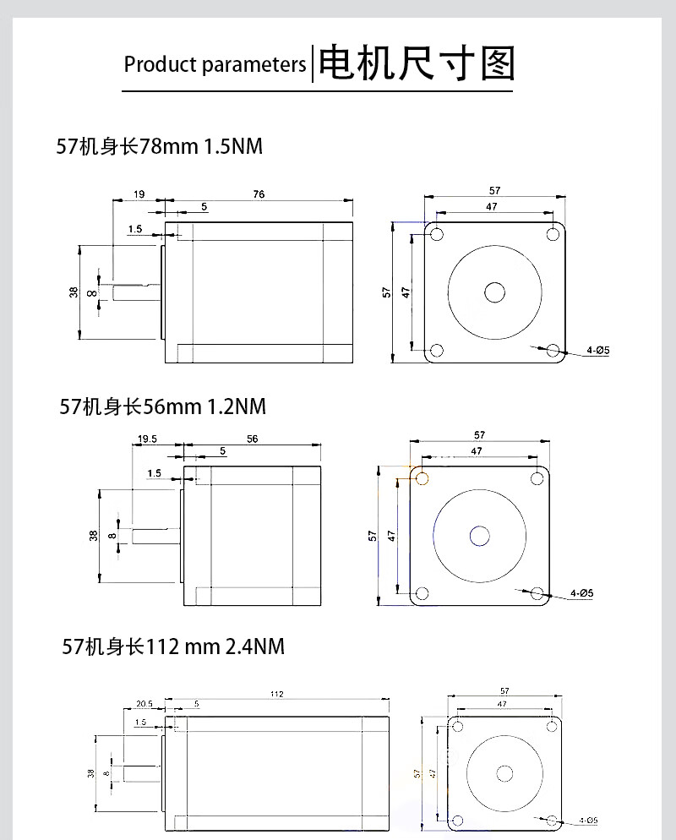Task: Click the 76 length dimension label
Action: (259, 194)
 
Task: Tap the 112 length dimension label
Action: (276, 694)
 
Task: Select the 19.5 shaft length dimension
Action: (147, 439)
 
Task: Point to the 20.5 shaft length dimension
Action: (144, 703)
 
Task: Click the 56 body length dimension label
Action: (253, 439)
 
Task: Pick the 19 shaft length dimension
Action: (139, 194)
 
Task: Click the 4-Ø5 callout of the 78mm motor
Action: (597, 351)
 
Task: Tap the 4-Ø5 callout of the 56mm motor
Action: (581, 593)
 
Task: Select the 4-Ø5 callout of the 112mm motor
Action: (588, 821)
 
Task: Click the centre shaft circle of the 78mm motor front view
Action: (494, 292)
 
